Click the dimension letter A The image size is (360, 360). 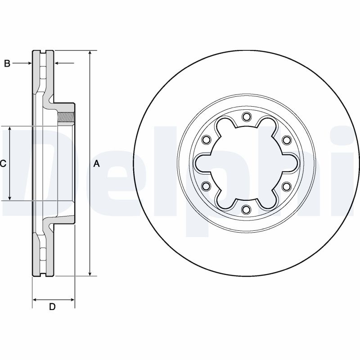[97, 164]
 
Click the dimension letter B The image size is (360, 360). [7, 63]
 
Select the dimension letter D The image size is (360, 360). [52, 307]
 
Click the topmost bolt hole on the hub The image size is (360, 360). [246, 117]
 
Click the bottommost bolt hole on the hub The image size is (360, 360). [246, 210]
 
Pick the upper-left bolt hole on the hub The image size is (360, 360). [206, 140]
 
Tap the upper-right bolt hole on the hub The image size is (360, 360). [287, 140]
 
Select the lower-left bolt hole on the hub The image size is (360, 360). [206, 186]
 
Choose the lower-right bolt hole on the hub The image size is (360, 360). [287, 186]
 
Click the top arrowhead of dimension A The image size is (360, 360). [90, 53]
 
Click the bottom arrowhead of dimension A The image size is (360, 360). [90, 273]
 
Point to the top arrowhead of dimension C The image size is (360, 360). [9, 129]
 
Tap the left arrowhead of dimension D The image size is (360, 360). [36, 300]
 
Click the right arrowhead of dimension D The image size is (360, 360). [72, 300]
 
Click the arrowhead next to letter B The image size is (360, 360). [29, 63]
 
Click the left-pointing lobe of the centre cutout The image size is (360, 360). [202, 163]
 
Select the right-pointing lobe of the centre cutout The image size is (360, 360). [290, 163]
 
